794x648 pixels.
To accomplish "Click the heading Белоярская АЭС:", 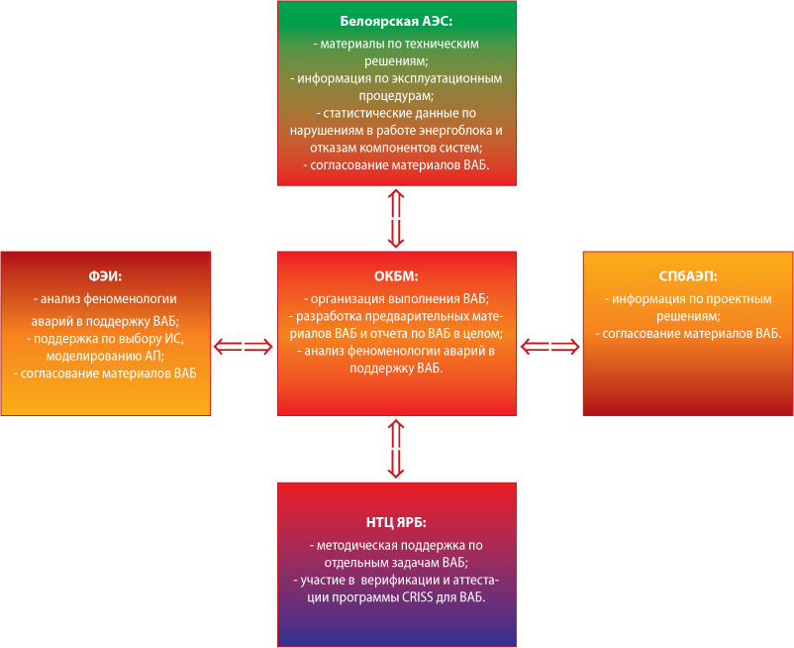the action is pos(396,21).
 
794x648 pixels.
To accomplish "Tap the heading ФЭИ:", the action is pos(105,276).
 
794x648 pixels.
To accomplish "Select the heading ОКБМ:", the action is pos(396,276).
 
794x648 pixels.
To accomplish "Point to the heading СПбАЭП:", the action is pos(688,276).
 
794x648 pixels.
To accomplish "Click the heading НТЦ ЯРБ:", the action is pos(396,522).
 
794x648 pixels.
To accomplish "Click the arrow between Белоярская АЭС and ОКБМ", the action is pos(396,218).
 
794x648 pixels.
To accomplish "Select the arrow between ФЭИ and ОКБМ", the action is pos(244,347).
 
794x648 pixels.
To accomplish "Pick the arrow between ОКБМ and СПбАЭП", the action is pos(549,347).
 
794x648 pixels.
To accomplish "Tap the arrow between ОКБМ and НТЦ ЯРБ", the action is pos(396,449).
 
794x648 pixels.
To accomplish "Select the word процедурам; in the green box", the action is pos(396,96).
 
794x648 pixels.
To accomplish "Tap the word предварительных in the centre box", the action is pos(417,317).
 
